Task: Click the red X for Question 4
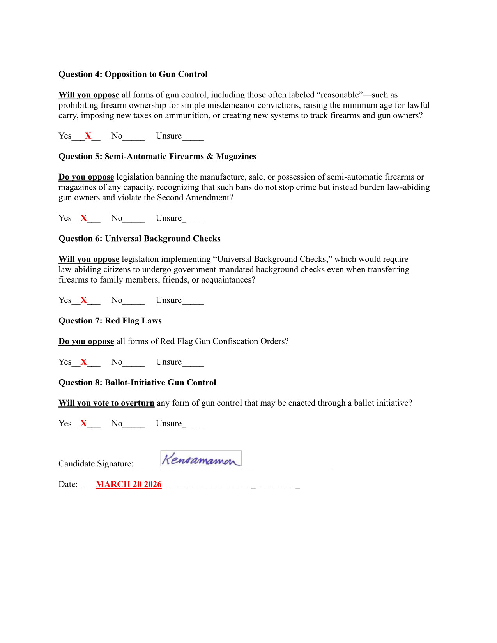pyautogui.click(x=88, y=136)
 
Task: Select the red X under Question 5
pyautogui.click(x=83, y=218)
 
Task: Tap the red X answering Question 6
pyautogui.click(x=83, y=300)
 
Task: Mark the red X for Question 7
pyautogui.click(x=83, y=362)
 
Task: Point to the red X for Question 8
pyautogui.click(x=83, y=424)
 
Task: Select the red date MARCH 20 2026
pyautogui.click(x=129, y=484)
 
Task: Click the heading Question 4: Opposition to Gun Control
pyautogui.click(x=133, y=74)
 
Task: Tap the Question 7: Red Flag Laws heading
pyautogui.click(x=110, y=321)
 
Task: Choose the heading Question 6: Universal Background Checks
pyautogui.click(x=140, y=239)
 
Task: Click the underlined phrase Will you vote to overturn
pyautogui.click(x=106, y=403)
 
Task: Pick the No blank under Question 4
pyautogui.click(x=134, y=137)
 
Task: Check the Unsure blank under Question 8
pyautogui.click(x=193, y=424)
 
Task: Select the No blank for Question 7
pyautogui.click(x=134, y=363)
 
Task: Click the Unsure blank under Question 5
pyautogui.click(x=193, y=219)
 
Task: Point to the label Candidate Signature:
pyautogui.click(x=96, y=464)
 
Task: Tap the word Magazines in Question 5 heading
pyautogui.click(x=236, y=157)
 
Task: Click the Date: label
pyautogui.click(x=68, y=484)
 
